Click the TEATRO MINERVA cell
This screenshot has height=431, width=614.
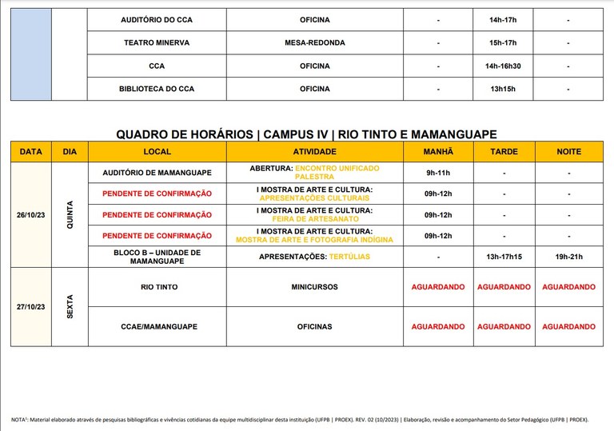coord(157,42)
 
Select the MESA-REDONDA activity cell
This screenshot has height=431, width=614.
coord(314,42)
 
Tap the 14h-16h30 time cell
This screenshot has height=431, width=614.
coord(504,66)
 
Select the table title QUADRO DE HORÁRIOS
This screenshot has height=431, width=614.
coord(306,134)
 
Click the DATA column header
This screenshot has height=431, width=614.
coord(31,151)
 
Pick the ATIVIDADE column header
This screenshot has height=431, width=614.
coord(314,151)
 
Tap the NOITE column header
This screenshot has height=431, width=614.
coord(568,151)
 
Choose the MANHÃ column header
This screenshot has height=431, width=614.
coord(438,151)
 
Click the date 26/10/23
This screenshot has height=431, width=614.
coord(31,214)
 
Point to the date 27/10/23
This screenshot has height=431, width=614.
coord(31,306)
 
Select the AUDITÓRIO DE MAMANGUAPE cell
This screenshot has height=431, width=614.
coord(157,172)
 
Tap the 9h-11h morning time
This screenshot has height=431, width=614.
coord(438,172)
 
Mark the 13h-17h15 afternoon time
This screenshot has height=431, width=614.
coord(504,257)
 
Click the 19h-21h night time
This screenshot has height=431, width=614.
coord(568,257)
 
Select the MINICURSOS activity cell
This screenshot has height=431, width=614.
coord(314,286)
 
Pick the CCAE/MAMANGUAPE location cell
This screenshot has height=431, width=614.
coord(157,326)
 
